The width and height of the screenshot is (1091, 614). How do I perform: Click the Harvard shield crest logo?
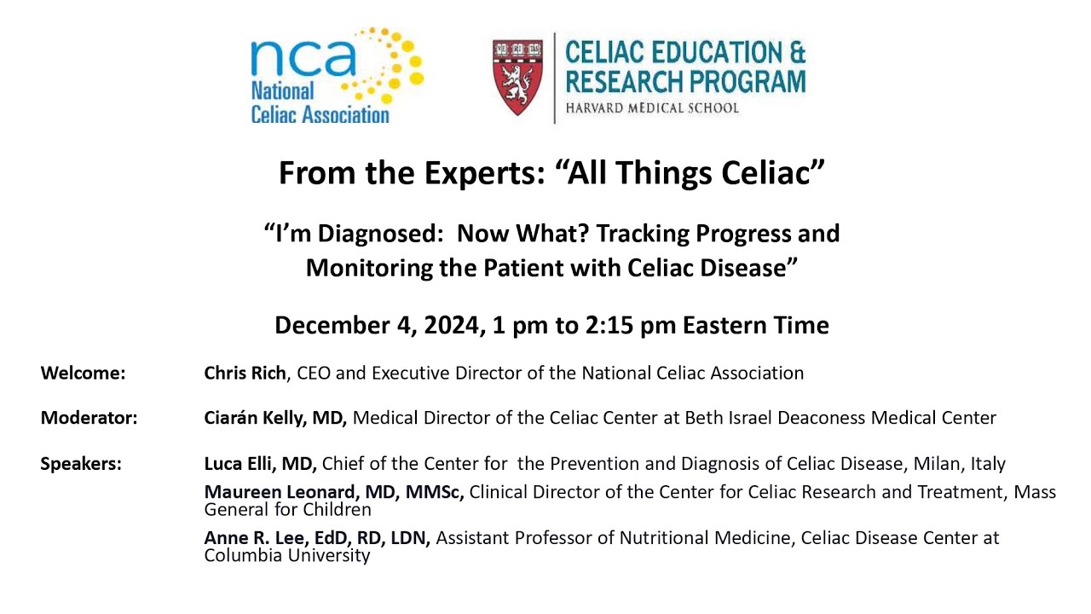[x=518, y=77]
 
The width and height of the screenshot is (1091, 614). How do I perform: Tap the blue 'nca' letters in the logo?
[x=303, y=57]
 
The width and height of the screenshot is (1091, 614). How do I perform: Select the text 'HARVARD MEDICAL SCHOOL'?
[x=652, y=108]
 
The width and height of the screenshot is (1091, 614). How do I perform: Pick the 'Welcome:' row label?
[x=83, y=373]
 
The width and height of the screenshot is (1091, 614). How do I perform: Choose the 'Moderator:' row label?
[x=89, y=418]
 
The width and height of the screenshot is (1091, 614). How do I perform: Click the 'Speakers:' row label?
[x=81, y=464]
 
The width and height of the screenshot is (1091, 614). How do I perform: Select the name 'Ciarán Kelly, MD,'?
[x=275, y=418]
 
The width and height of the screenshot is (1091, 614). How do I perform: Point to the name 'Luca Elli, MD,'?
[x=260, y=464]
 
